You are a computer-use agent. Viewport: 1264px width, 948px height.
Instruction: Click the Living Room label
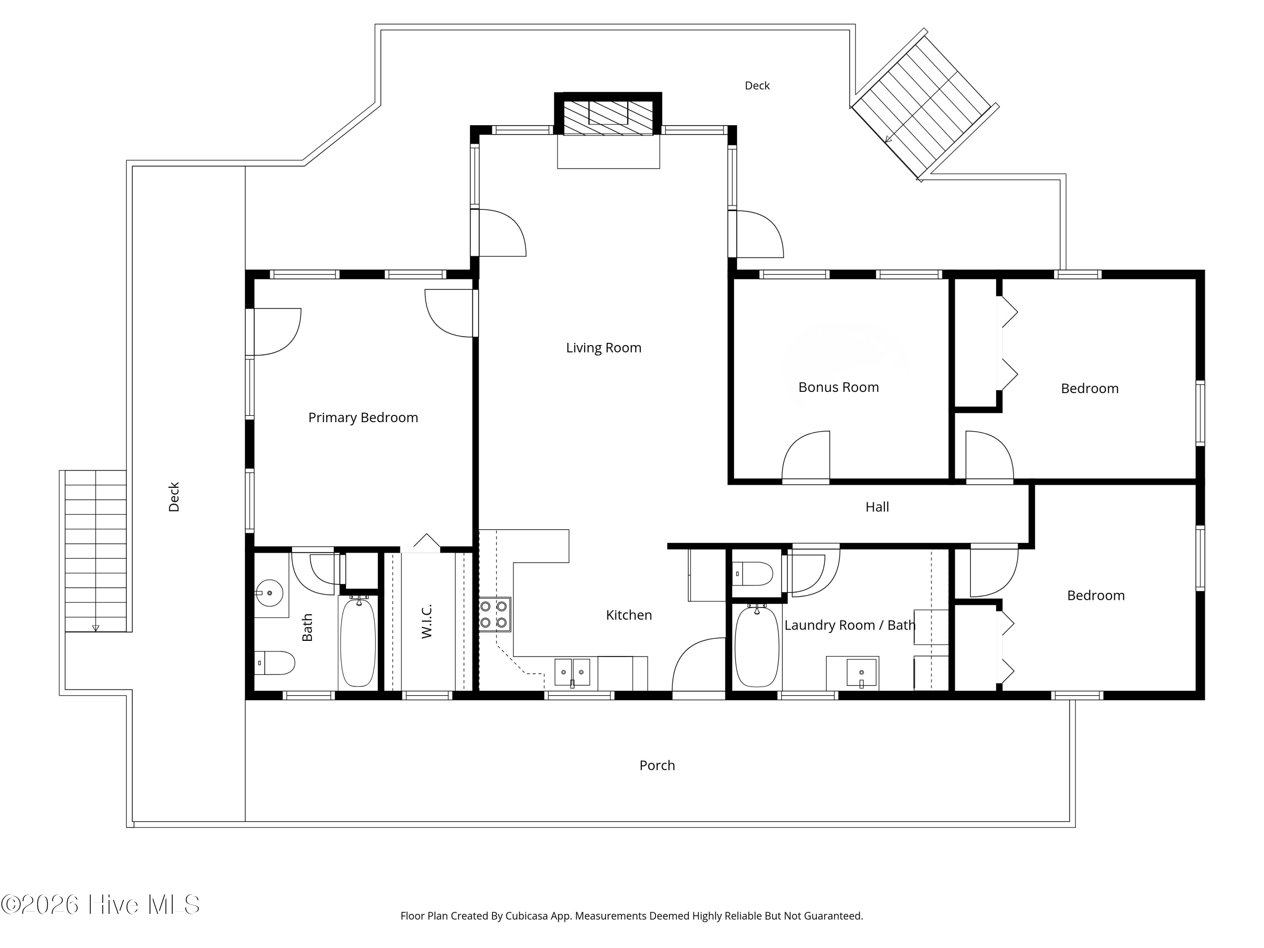(x=603, y=348)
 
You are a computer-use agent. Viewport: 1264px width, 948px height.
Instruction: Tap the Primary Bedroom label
(x=363, y=418)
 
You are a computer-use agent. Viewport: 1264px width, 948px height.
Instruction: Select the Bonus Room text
(x=838, y=388)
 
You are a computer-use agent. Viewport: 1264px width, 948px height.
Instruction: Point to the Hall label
(x=877, y=507)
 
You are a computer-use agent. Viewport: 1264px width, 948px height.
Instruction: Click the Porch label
(x=657, y=766)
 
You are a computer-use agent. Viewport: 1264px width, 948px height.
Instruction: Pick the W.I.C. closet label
(x=426, y=621)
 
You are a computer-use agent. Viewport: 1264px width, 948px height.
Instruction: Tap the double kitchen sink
(x=572, y=672)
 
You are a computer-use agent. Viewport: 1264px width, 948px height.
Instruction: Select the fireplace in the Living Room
(x=608, y=118)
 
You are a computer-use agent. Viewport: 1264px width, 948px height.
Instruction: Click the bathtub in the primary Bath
(x=358, y=642)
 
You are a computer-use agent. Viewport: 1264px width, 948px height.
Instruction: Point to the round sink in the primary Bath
(x=269, y=592)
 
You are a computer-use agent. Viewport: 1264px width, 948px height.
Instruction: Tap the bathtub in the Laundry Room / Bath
(x=757, y=647)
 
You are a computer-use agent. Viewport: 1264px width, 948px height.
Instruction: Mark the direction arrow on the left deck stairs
(x=95, y=627)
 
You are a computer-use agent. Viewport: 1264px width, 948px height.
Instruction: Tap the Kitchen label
(x=629, y=616)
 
